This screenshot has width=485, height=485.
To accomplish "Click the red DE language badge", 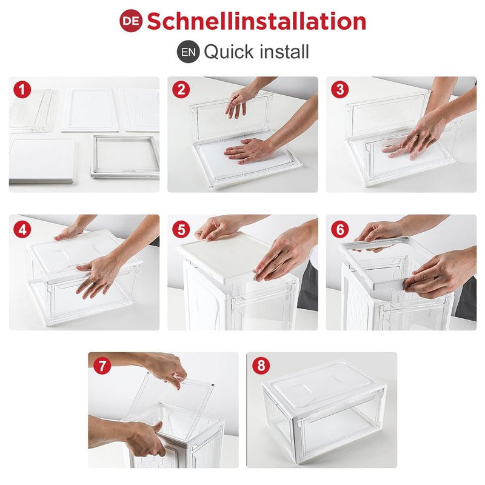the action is pyautogui.click(x=131, y=21).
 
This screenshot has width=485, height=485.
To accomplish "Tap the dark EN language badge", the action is pyautogui.click(x=189, y=52).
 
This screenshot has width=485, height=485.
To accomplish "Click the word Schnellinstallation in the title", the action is pyautogui.click(x=256, y=21).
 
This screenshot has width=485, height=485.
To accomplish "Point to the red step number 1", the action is pyautogui.click(x=22, y=89).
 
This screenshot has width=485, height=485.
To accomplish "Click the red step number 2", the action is pyautogui.click(x=181, y=89).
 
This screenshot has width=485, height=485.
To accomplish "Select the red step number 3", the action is pyautogui.click(x=339, y=89).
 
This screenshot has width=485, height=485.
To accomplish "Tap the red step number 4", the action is pyautogui.click(x=22, y=229).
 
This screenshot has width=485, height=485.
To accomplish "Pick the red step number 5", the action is pyautogui.click(x=181, y=229).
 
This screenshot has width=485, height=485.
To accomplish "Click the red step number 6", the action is pyautogui.click(x=339, y=229).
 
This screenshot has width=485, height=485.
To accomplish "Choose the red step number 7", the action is pyautogui.click(x=102, y=366).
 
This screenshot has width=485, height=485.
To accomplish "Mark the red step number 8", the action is pyautogui.click(x=261, y=366).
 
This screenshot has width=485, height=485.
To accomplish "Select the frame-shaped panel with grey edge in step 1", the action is pyautogui.click(x=125, y=157).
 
